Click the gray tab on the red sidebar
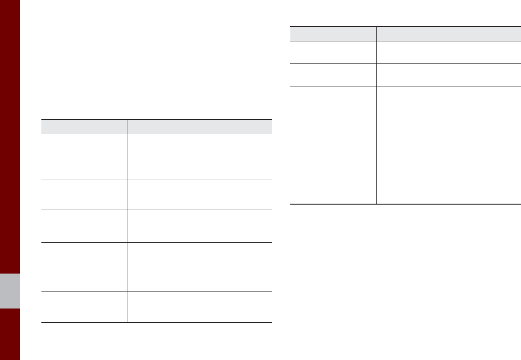[x=10, y=291]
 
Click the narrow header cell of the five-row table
[x=84, y=127]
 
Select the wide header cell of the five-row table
[x=200, y=127]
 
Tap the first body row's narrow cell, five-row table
[x=84, y=156]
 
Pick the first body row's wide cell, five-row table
[x=200, y=156]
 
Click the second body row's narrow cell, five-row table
[x=84, y=194]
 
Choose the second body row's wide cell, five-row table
[x=200, y=194]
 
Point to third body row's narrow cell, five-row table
[x=84, y=226]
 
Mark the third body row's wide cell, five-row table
[x=200, y=226]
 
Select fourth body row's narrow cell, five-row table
[x=84, y=267]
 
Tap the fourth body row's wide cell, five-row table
[x=200, y=267]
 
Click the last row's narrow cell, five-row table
[x=84, y=307]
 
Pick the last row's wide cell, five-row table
[x=200, y=307]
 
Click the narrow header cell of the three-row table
[x=333, y=34]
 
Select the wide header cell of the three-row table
[x=448, y=34]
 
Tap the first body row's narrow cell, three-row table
[x=333, y=52]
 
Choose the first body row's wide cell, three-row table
[x=448, y=52]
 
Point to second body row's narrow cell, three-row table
[x=333, y=74]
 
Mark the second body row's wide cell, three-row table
[x=448, y=74]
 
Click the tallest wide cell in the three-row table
[x=448, y=145]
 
